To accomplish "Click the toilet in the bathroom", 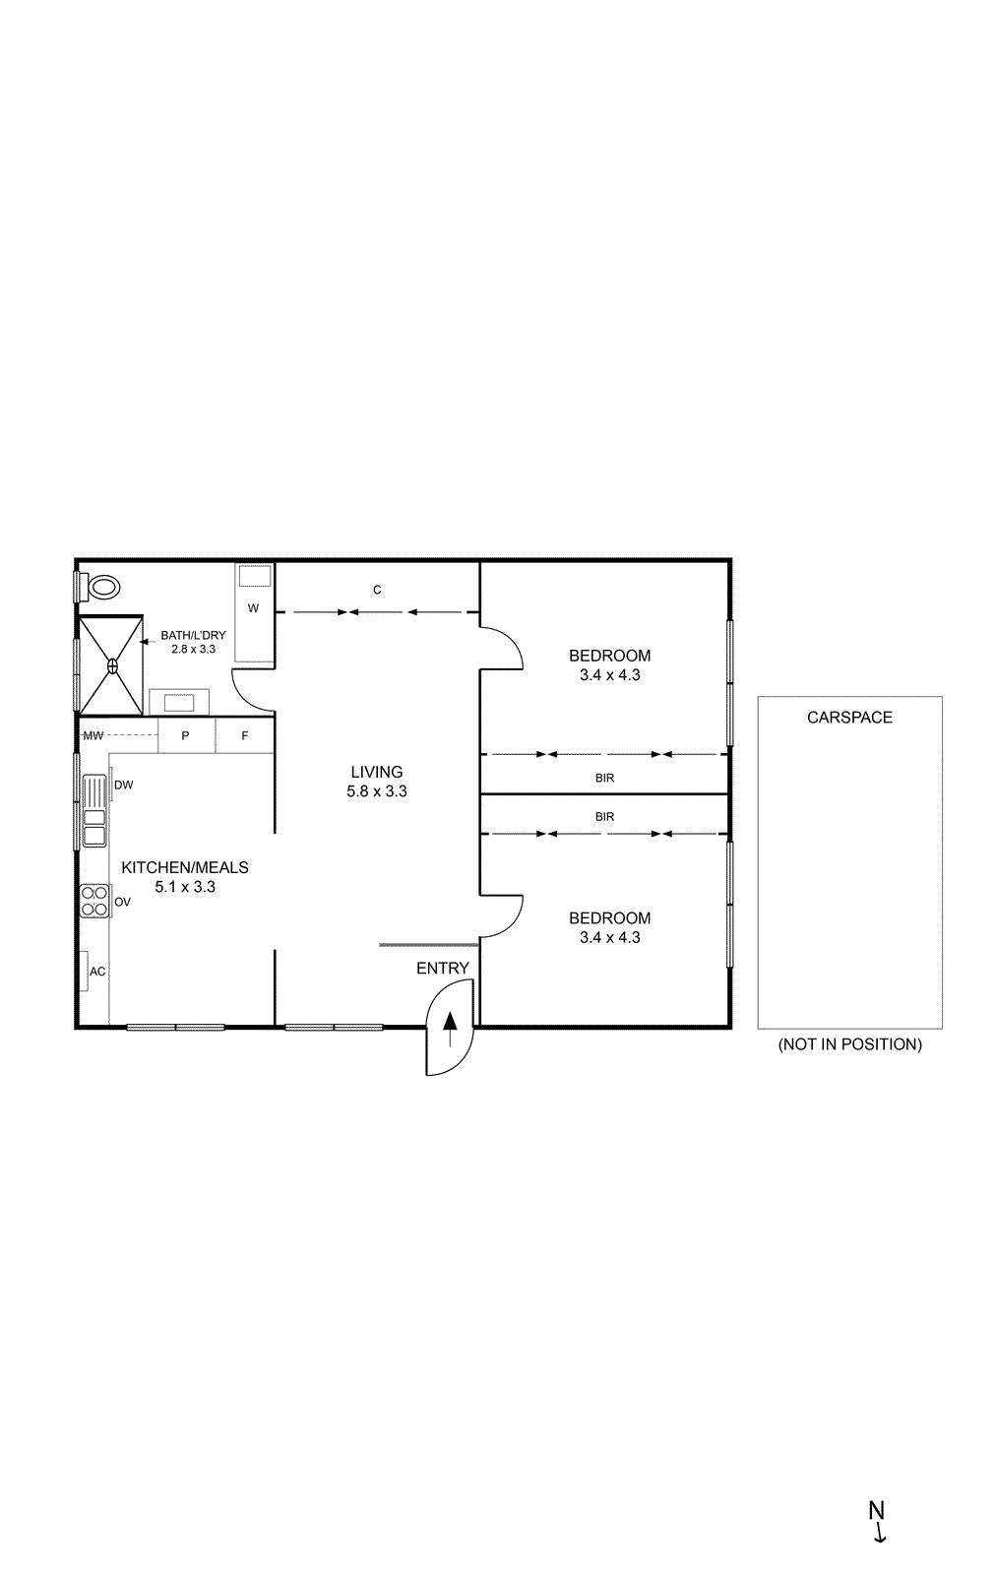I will click(103, 588).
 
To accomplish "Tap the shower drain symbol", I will click(112, 666).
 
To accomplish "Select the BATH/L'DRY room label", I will click(193, 635).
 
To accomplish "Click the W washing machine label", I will click(253, 608).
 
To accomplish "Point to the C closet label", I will click(377, 590).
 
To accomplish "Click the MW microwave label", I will click(93, 735).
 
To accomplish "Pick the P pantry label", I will click(185, 735).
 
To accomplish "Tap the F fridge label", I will click(245, 735).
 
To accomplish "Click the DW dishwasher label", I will click(124, 785).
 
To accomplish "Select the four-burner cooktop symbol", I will click(94, 901).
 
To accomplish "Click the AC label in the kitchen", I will click(97, 972).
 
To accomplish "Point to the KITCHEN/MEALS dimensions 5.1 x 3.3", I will click(185, 887).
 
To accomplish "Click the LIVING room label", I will click(377, 772).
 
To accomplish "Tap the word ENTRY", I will click(443, 969).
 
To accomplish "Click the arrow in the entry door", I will click(451, 1028).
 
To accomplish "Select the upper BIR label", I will click(604, 778).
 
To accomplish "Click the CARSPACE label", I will click(849, 718).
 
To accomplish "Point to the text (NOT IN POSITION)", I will click(849, 1044).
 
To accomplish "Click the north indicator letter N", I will click(876, 1510).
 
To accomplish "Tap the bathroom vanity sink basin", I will click(179, 702).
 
